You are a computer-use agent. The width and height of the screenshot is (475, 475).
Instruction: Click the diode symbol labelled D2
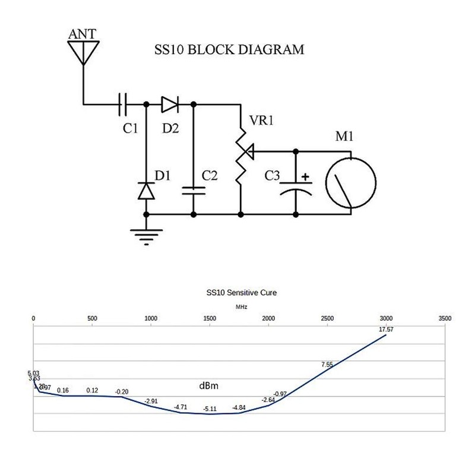[170, 104]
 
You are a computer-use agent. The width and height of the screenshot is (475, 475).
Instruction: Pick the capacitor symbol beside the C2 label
[193, 190]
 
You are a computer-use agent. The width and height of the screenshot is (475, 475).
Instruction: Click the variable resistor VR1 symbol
[241, 153]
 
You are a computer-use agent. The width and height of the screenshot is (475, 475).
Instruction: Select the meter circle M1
[351, 182]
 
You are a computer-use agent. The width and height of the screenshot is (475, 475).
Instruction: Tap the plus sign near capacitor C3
[306, 176]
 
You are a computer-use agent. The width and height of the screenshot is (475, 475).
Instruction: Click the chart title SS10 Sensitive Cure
[241, 293]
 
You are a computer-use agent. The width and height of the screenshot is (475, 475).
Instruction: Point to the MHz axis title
[240, 307]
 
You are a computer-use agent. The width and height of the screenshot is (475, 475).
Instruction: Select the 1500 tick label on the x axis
[210, 318]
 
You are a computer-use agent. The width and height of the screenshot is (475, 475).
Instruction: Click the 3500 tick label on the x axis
[444, 318]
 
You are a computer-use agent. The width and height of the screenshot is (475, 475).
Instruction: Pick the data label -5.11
[210, 409]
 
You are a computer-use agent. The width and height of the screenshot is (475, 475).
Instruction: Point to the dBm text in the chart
[208, 387]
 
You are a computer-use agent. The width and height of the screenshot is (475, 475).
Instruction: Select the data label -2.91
[151, 401]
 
